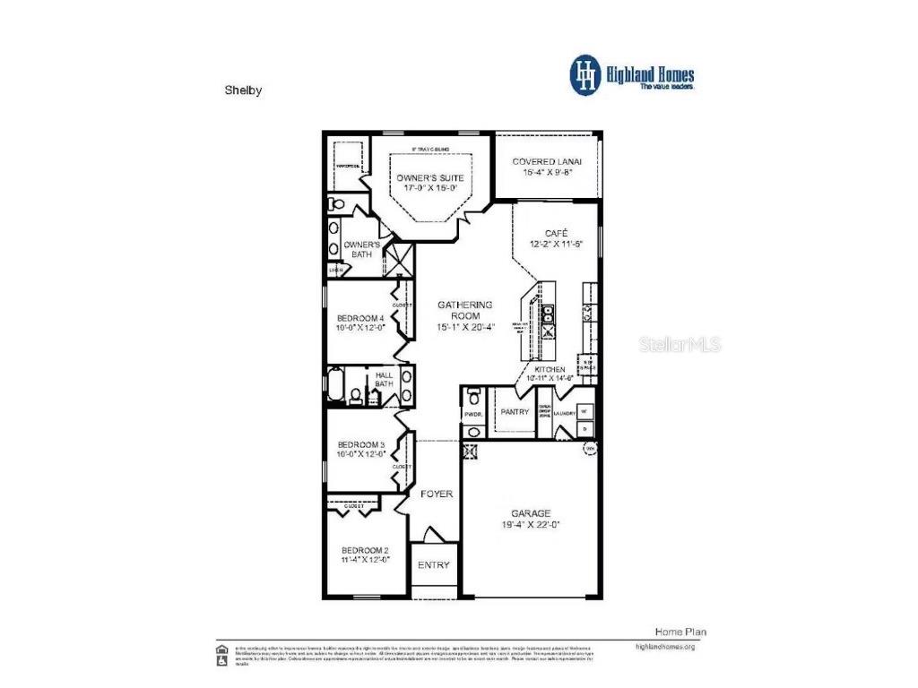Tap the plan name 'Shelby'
(x=243, y=90)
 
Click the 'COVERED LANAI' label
(x=547, y=161)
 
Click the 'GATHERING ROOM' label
(x=464, y=310)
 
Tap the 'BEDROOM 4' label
(x=360, y=318)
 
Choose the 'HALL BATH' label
(x=384, y=380)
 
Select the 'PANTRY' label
(x=515, y=412)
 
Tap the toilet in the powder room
(x=474, y=395)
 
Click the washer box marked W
(x=585, y=411)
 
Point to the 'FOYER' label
(x=437, y=494)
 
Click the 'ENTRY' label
(x=434, y=565)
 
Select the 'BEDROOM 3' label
(x=360, y=444)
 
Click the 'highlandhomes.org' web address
(x=664, y=646)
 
